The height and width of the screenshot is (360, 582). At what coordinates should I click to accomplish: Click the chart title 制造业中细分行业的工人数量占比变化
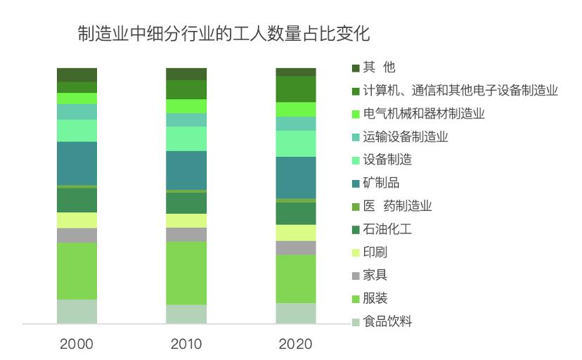click(224, 34)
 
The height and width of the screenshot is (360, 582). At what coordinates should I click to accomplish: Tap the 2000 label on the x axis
click(77, 344)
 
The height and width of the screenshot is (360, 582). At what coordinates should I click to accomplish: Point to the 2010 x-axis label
click(186, 344)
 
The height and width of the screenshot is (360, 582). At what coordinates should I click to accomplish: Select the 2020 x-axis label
click(296, 344)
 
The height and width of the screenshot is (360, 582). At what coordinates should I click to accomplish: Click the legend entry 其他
click(379, 67)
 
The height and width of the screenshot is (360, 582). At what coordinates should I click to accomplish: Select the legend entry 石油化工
click(387, 229)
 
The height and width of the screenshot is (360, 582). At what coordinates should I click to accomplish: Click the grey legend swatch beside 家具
click(356, 276)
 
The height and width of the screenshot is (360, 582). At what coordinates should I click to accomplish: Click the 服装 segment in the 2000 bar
click(77, 271)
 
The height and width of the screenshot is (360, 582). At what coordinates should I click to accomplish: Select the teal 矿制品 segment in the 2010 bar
click(186, 170)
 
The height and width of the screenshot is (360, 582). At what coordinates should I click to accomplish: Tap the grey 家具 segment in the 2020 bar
click(296, 247)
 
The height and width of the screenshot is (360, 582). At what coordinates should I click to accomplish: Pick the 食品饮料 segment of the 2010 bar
click(186, 314)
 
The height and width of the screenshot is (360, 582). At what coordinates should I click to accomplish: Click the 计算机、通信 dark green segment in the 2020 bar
click(296, 89)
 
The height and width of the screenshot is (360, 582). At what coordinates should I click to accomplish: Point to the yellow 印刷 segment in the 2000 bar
click(77, 220)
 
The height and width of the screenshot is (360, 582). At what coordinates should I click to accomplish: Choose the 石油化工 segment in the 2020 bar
click(296, 214)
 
